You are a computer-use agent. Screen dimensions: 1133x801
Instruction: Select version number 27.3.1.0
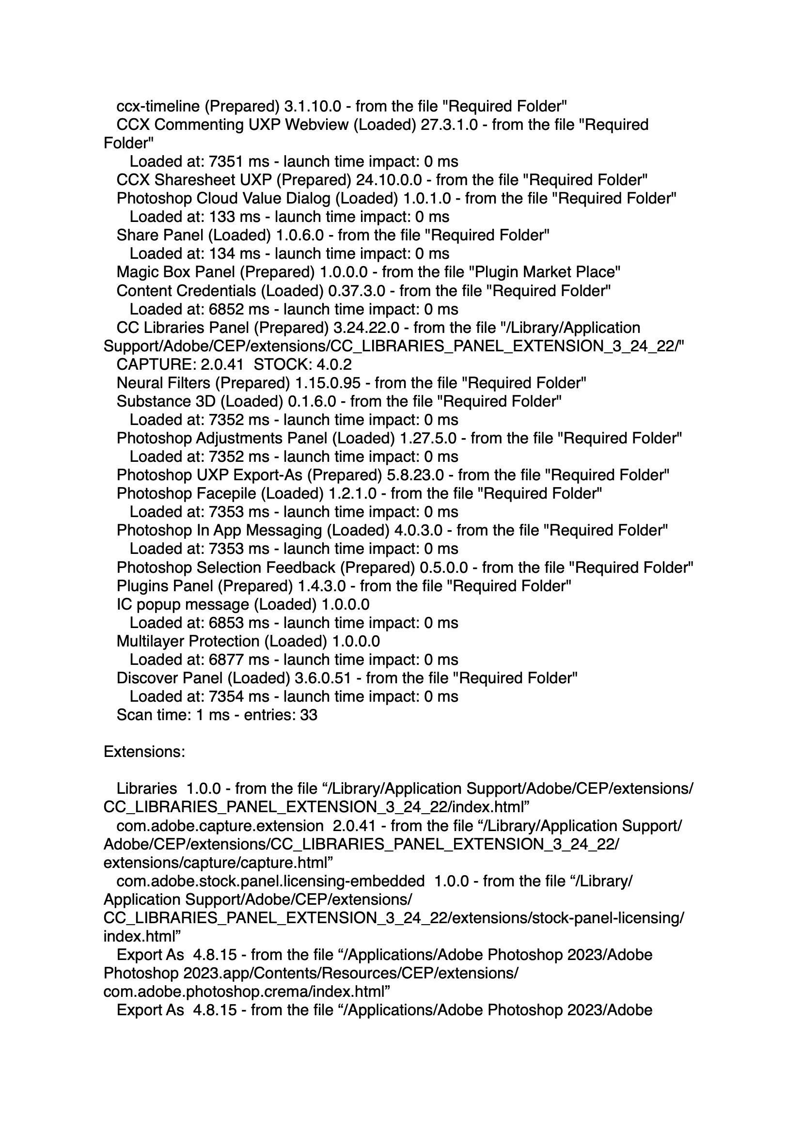(449, 125)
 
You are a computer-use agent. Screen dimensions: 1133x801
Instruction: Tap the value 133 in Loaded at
(226, 217)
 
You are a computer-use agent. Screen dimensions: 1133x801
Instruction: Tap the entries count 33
(308, 715)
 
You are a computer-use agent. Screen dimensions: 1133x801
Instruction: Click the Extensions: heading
(144, 752)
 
